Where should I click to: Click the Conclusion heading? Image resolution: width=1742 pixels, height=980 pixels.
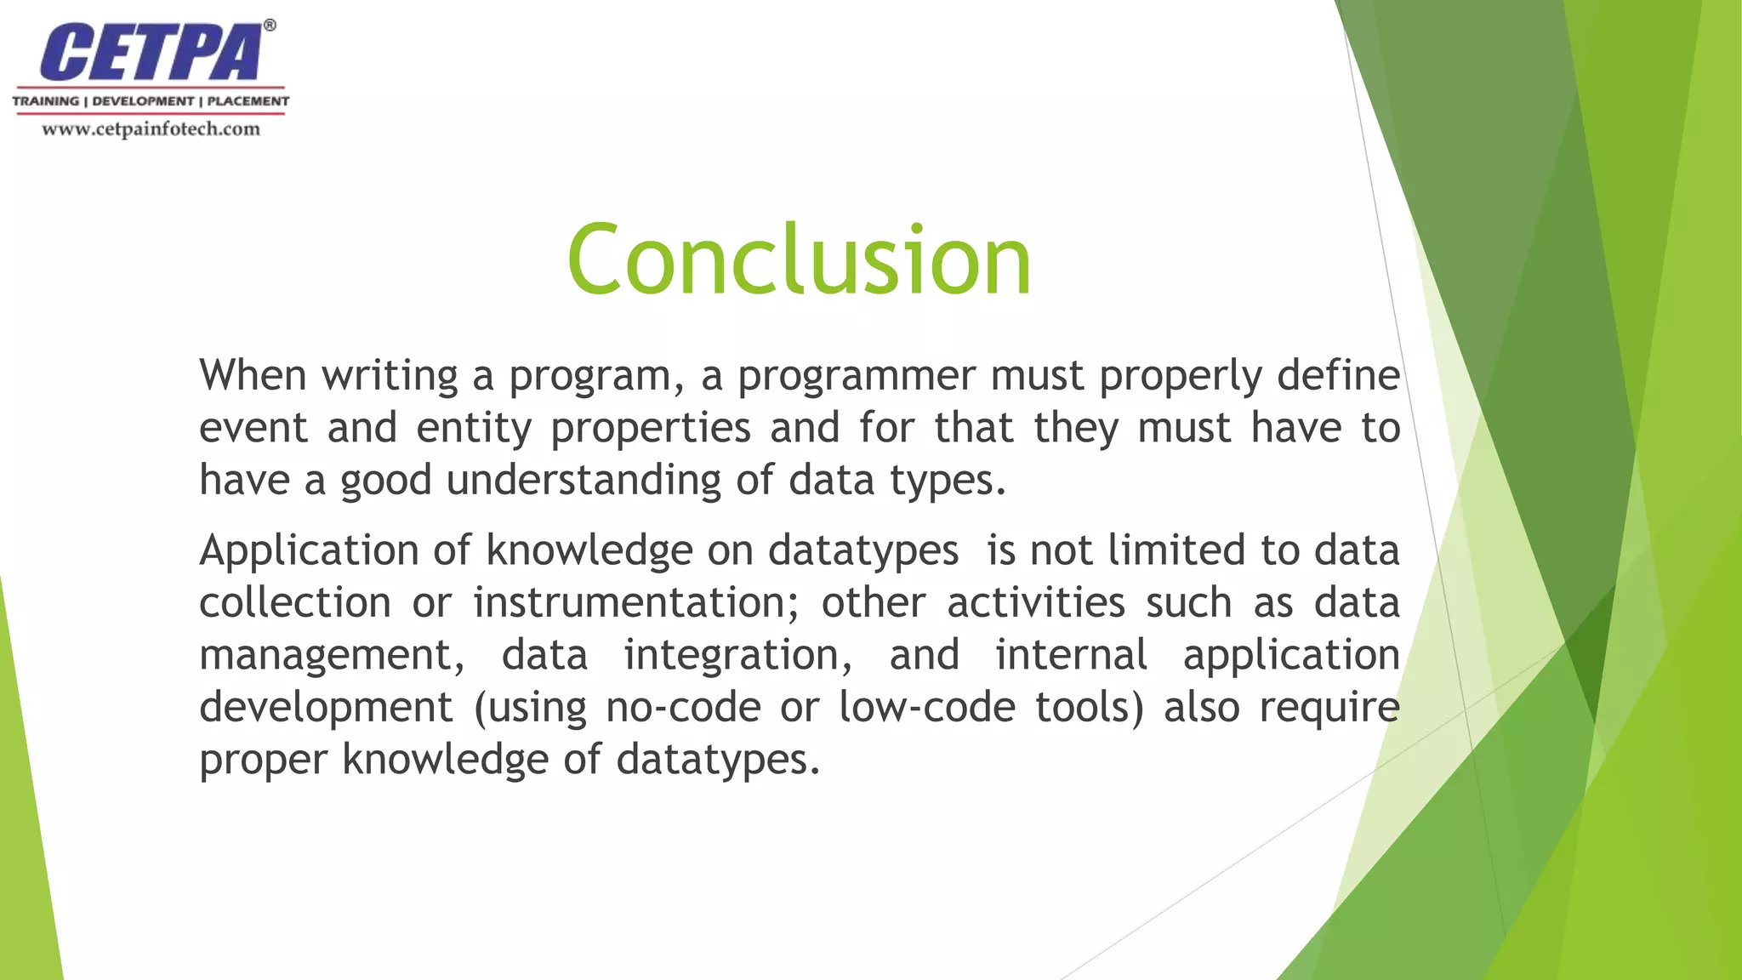799,259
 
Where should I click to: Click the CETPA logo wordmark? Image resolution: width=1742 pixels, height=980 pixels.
151,53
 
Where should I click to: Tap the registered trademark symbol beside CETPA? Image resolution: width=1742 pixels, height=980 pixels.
270,26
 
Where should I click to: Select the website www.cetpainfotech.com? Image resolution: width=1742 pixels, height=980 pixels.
151,129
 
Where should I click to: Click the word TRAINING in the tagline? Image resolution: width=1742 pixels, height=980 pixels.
45,101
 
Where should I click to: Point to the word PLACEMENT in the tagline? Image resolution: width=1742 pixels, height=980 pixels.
248,101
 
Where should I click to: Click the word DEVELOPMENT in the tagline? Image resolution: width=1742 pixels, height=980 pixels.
143,101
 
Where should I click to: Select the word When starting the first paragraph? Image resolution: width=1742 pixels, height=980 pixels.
253,375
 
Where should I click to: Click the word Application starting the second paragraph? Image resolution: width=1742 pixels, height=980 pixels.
308,551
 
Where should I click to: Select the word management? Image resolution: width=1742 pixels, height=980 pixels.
332,656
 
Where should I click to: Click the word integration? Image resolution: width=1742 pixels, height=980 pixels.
737,656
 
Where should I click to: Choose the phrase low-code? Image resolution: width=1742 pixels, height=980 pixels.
926,708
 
